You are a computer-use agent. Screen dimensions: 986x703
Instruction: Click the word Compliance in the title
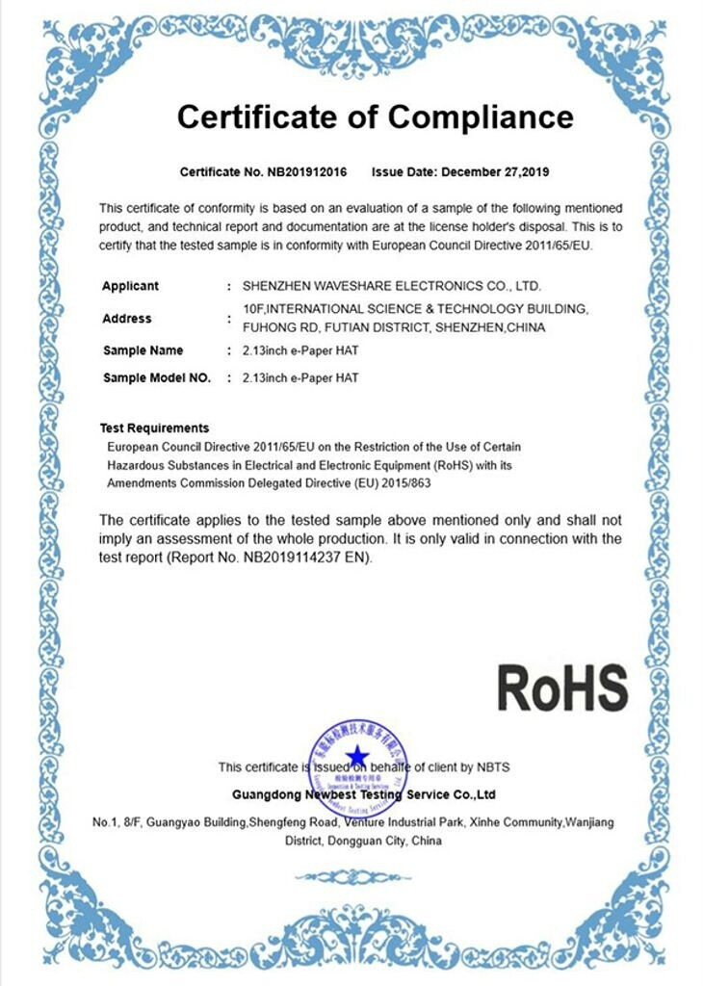click(x=480, y=117)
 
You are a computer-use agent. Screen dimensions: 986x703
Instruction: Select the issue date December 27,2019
click(x=494, y=172)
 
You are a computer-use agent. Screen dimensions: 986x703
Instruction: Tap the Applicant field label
click(x=130, y=286)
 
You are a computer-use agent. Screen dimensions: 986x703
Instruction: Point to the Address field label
click(x=126, y=318)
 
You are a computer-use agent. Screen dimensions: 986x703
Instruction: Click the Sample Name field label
click(x=143, y=350)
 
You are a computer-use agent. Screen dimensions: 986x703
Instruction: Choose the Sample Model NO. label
click(x=156, y=377)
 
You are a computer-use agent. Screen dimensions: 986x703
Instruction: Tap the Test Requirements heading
click(x=154, y=428)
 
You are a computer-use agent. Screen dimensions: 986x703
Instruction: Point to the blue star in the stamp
click(x=357, y=754)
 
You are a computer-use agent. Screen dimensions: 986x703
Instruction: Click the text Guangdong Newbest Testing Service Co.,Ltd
click(x=364, y=794)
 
